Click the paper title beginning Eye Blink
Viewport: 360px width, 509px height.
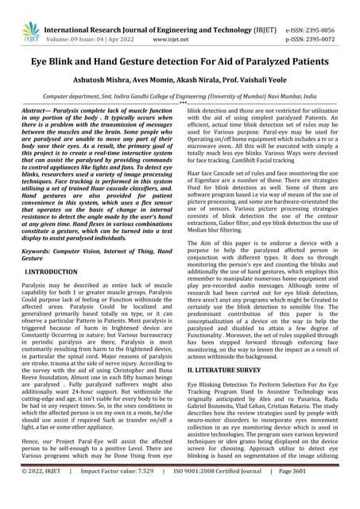(x=180, y=60)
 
